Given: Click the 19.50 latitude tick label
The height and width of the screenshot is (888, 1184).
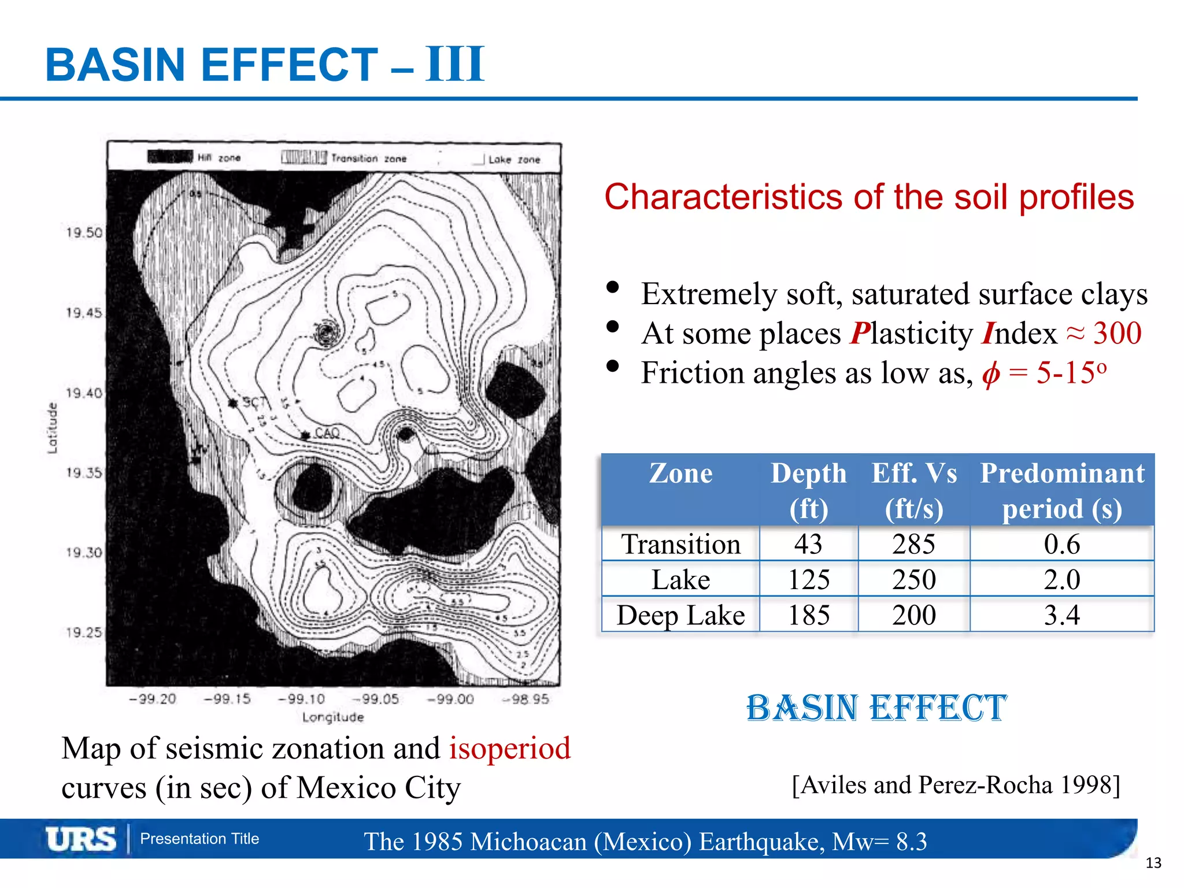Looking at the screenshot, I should [84, 232].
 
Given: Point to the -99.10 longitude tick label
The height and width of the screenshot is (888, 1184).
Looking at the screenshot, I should [302, 699].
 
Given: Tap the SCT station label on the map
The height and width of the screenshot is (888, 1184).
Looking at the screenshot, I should [255, 402].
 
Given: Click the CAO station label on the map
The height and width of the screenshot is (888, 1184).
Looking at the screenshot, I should [327, 433].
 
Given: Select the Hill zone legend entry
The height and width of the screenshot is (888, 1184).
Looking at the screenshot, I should [194, 157].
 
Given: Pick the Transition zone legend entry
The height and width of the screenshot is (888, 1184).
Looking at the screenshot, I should [344, 158].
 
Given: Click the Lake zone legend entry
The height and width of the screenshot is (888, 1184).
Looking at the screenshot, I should [507, 159].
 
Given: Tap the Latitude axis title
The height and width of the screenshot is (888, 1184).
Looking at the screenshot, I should [52, 428].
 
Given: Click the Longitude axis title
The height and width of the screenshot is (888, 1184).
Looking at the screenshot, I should [333, 717].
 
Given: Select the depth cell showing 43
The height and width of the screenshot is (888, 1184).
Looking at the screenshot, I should [808, 544].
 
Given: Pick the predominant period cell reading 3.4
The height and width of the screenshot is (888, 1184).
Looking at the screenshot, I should [1061, 615].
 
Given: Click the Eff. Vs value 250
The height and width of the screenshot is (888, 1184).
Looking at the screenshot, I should [913, 579].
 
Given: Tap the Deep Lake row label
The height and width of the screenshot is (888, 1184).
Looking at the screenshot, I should [680, 615].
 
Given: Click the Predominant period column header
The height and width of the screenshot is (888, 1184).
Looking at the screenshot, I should [1062, 490].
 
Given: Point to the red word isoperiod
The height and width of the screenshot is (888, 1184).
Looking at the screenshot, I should [510, 748].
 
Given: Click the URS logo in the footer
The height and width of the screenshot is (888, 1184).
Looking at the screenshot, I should [81, 839].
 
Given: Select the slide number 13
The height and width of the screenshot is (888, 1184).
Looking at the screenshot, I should [1153, 863].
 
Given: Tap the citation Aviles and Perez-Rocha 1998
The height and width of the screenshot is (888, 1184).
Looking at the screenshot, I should [956, 785].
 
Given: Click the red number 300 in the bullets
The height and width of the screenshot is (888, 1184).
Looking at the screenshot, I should [1117, 333].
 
